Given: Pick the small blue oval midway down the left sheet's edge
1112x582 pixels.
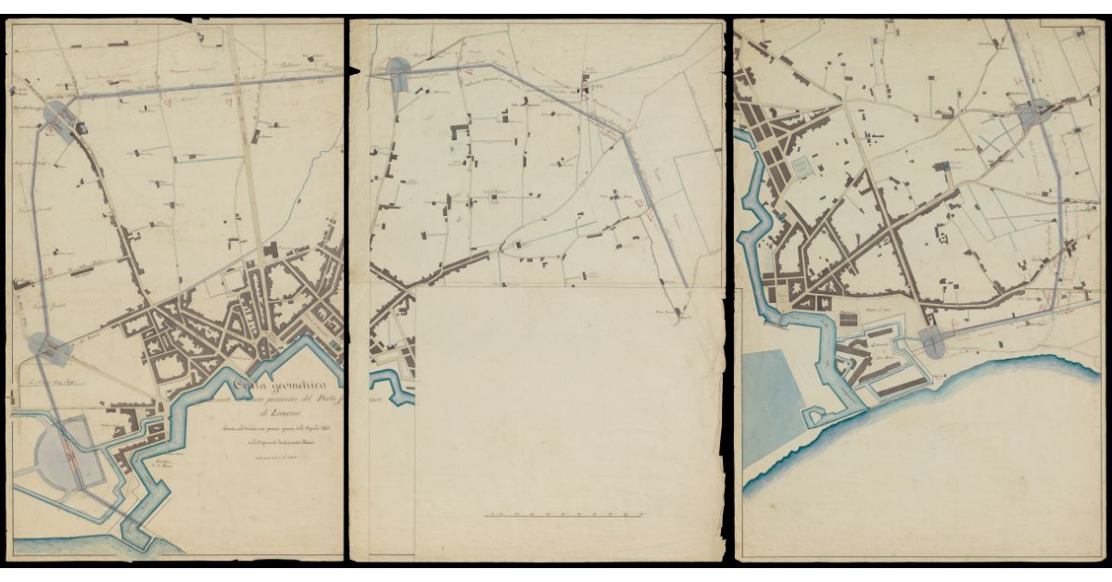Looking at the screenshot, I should [x=46, y=347].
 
